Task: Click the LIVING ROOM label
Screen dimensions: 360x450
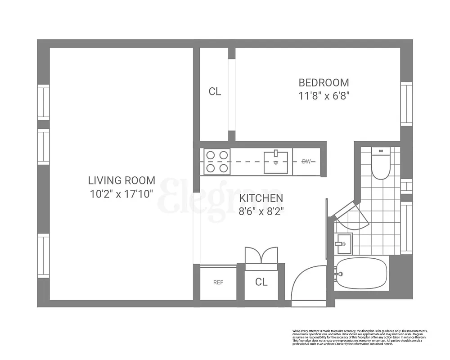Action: pos(121,180)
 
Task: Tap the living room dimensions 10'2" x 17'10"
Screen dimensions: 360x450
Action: pos(121,194)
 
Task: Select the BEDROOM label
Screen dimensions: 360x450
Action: pos(324,83)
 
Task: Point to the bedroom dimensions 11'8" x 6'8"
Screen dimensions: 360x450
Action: pos(324,96)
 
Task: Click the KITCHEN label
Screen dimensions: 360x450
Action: pos(261,198)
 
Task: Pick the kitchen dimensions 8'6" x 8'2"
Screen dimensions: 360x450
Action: pos(261,211)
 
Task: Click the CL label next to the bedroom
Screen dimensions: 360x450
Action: pos(215,92)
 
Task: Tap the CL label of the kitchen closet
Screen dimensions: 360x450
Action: pos(261,282)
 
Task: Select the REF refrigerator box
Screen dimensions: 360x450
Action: pos(218,283)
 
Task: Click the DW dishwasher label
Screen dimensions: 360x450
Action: pos(306,162)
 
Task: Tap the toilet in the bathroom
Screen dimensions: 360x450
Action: pos(380,164)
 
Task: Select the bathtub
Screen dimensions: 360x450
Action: pos(361,273)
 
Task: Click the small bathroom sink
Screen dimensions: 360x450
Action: pos(343,244)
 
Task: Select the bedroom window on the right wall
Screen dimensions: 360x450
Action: pos(406,104)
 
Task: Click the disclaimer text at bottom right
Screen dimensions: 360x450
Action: pos(360,337)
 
